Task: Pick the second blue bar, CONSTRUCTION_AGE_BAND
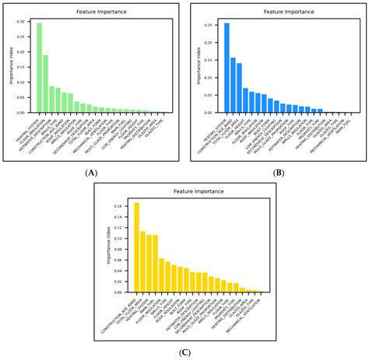[233, 86]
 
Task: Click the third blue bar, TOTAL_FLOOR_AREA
[239, 88]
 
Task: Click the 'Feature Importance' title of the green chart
[98, 12]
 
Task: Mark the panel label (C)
[185, 352]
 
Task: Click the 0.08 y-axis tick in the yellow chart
[123, 249]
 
